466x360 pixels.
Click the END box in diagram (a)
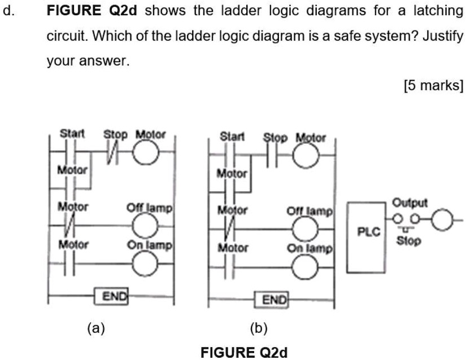coord(115,296)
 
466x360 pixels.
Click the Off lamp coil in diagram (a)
coord(146,227)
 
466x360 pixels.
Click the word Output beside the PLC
coord(410,203)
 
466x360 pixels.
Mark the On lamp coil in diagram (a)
coord(146,264)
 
